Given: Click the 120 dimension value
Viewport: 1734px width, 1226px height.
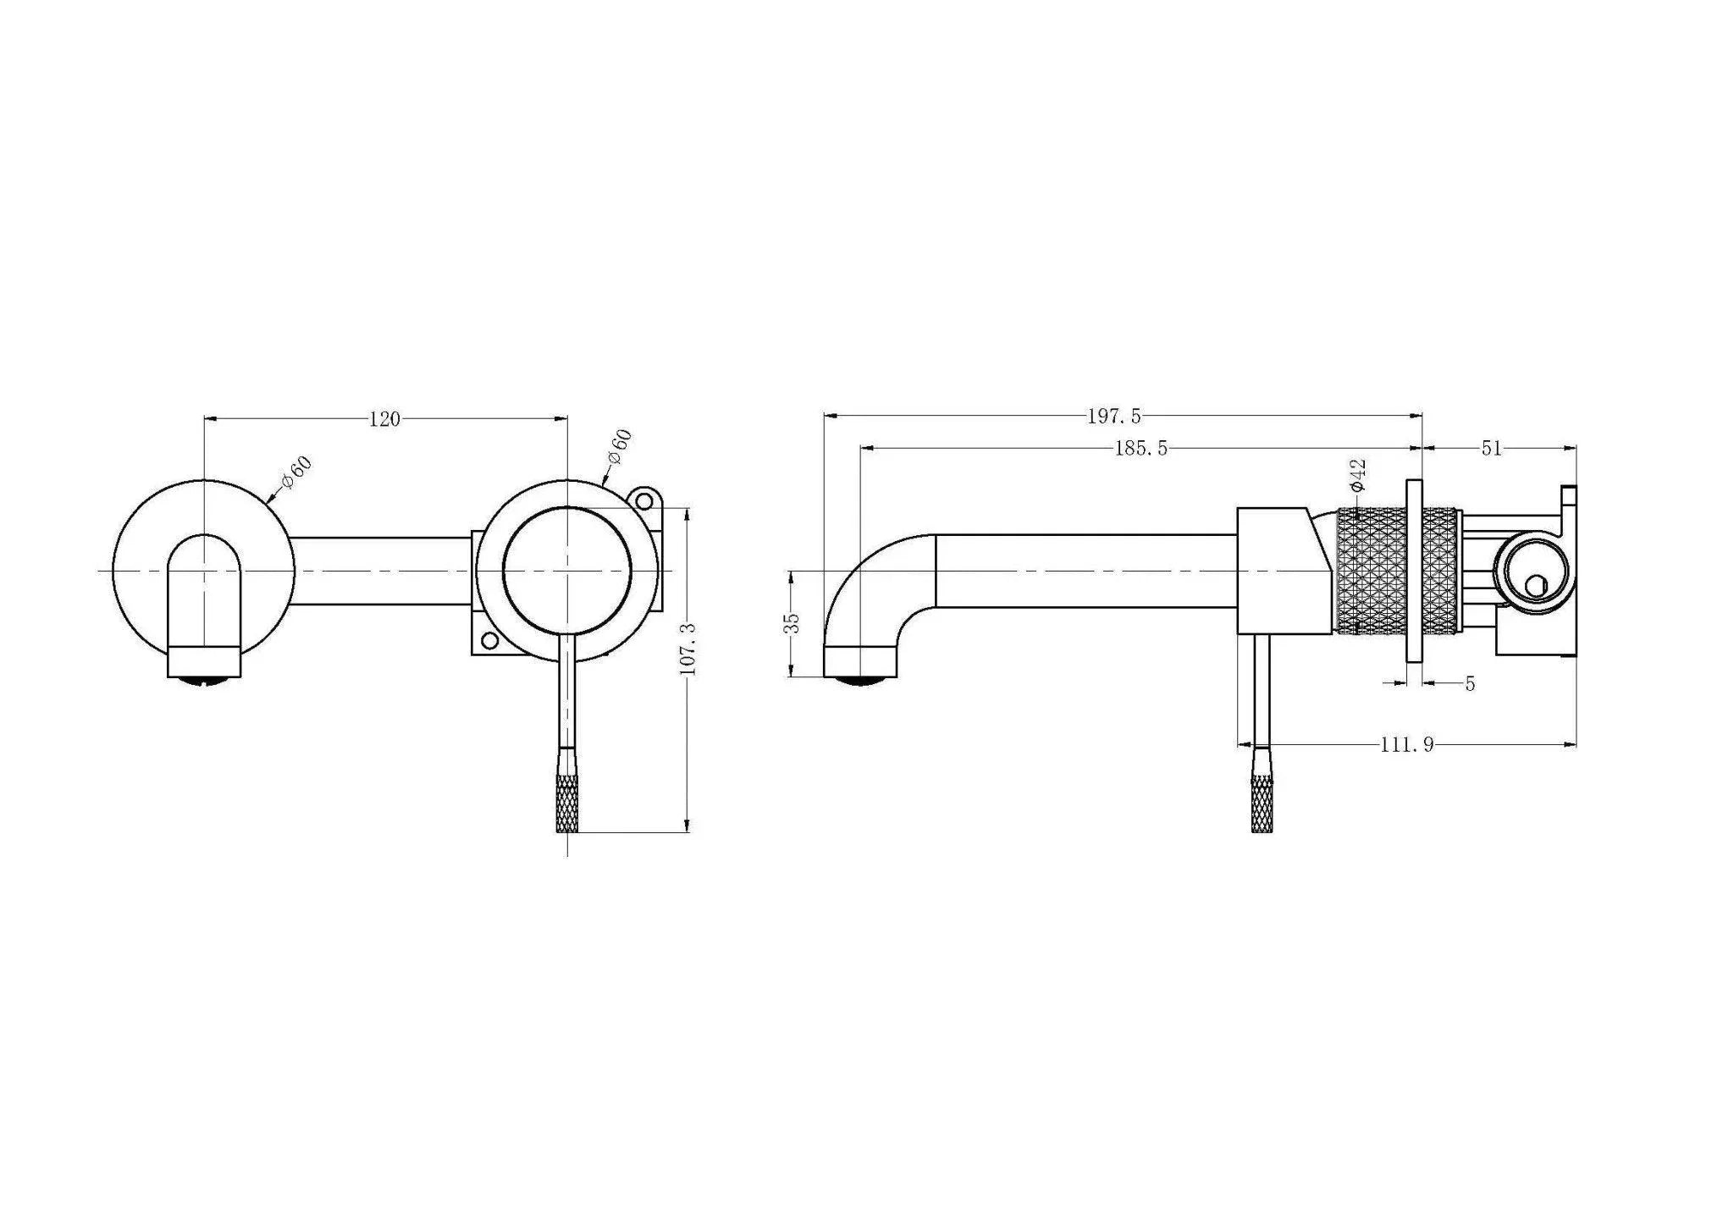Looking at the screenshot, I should (384, 419).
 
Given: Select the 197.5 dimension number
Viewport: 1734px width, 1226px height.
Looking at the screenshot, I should (1114, 416).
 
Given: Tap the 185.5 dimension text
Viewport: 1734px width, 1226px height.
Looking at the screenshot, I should (1140, 449).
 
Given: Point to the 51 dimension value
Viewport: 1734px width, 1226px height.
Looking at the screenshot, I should (1491, 449).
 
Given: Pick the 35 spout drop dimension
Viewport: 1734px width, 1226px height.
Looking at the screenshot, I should (792, 623).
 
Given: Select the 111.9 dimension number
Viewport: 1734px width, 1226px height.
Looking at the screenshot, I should (1406, 745).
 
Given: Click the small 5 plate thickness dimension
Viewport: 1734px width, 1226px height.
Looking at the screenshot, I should (1470, 683).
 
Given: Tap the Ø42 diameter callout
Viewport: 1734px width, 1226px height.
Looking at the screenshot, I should (1357, 476).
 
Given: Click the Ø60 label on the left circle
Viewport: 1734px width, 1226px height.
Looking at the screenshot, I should (297, 472).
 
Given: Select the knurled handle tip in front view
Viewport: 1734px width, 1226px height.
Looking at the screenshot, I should (566, 804).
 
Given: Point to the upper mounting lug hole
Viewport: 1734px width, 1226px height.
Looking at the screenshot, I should (646, 501).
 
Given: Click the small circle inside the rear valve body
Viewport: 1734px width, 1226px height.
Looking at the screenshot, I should (1534, 585).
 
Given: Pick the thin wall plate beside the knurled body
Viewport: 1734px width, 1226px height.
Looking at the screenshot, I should (1414, 571).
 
